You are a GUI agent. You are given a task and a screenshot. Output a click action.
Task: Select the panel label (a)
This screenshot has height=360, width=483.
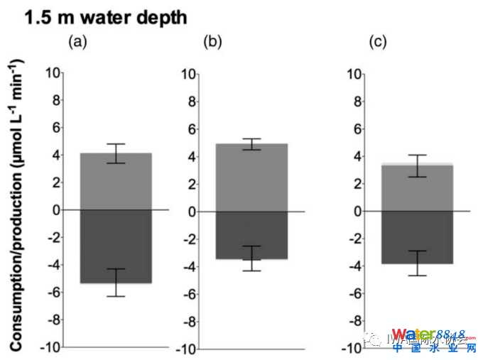click(x=77, y=42)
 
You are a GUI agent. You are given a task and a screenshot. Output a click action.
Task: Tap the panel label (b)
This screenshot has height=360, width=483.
click(x=212, y=42)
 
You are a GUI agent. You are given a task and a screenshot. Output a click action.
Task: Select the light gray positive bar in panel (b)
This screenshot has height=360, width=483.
click(x=252, y=177)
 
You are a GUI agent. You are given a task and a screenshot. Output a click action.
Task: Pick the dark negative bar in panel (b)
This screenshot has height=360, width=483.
click(x=252, y=235)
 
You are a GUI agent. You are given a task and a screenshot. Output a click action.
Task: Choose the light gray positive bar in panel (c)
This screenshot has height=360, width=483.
click(x=418, y=188)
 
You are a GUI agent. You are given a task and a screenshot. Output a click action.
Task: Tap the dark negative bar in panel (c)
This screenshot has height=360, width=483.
click(x=418, y=238)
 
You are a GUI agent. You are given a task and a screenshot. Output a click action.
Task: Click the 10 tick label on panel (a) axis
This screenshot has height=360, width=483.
click(x=51, y=72)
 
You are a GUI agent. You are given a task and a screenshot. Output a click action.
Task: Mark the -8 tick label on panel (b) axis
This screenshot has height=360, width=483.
click(x=188, y=321)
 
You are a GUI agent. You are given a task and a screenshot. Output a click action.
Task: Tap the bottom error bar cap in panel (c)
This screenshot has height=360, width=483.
click(x=418, y=275)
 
